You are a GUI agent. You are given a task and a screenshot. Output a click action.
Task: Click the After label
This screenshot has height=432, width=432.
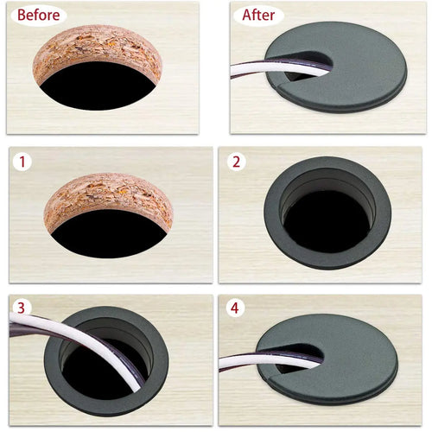(257, 15)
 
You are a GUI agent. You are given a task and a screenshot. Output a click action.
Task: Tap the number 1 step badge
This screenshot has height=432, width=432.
(22, 162)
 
